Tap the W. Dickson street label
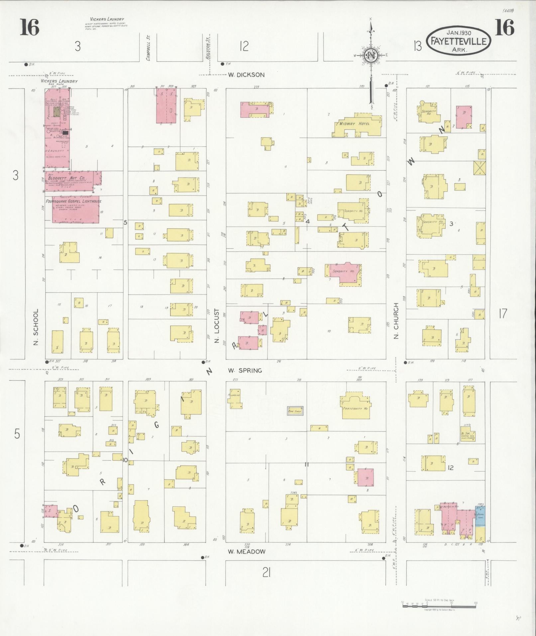pyautogui.click(x=246, y=75)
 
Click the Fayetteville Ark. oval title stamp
pyautogui.click(x=458, y=41)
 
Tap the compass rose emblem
pyautogui.click(x=371, y=56)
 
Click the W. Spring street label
pyautogui.click(x=245, y=370)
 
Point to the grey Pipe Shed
pyautogui.click(x=295, y=411)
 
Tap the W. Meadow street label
pyautogui.click(x=246, y=551)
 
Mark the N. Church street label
pyautogui.click(x=396, y=321)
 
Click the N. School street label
pyautogui.click(x=36, y=326)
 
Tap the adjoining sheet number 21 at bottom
pyautogui.click(x=266, y=572)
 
